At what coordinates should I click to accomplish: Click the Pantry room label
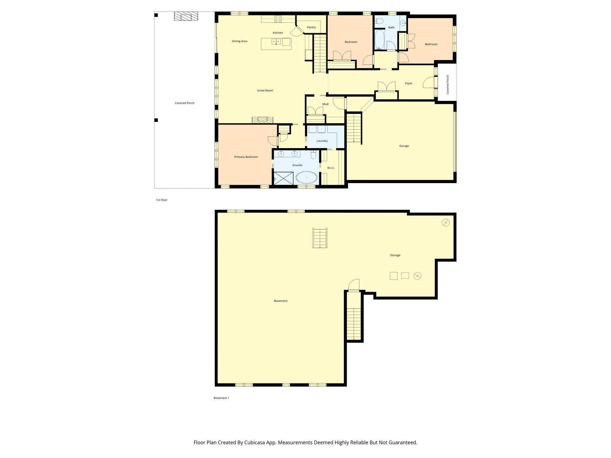click(311, 27)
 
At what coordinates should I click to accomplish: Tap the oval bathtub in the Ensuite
click(306, 178)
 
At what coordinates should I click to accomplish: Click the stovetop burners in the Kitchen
click(278, 19)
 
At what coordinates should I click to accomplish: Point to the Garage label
click(404, 146)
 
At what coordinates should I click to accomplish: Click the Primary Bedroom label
click(246, 157)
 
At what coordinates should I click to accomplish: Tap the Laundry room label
click(322, 141)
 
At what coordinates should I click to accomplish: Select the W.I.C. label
click(331, 168)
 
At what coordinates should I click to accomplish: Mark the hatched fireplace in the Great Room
click(262, 120)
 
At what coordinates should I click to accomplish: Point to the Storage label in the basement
click(395, 256)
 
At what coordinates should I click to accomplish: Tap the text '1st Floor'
click(162, 200)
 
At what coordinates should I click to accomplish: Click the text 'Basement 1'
click(221, 398)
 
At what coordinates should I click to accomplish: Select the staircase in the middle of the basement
click(320, 238)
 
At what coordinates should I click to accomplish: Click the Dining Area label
click(240, 41)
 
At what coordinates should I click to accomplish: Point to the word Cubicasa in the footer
click(255, 442)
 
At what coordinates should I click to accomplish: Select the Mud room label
click(325, 104)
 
